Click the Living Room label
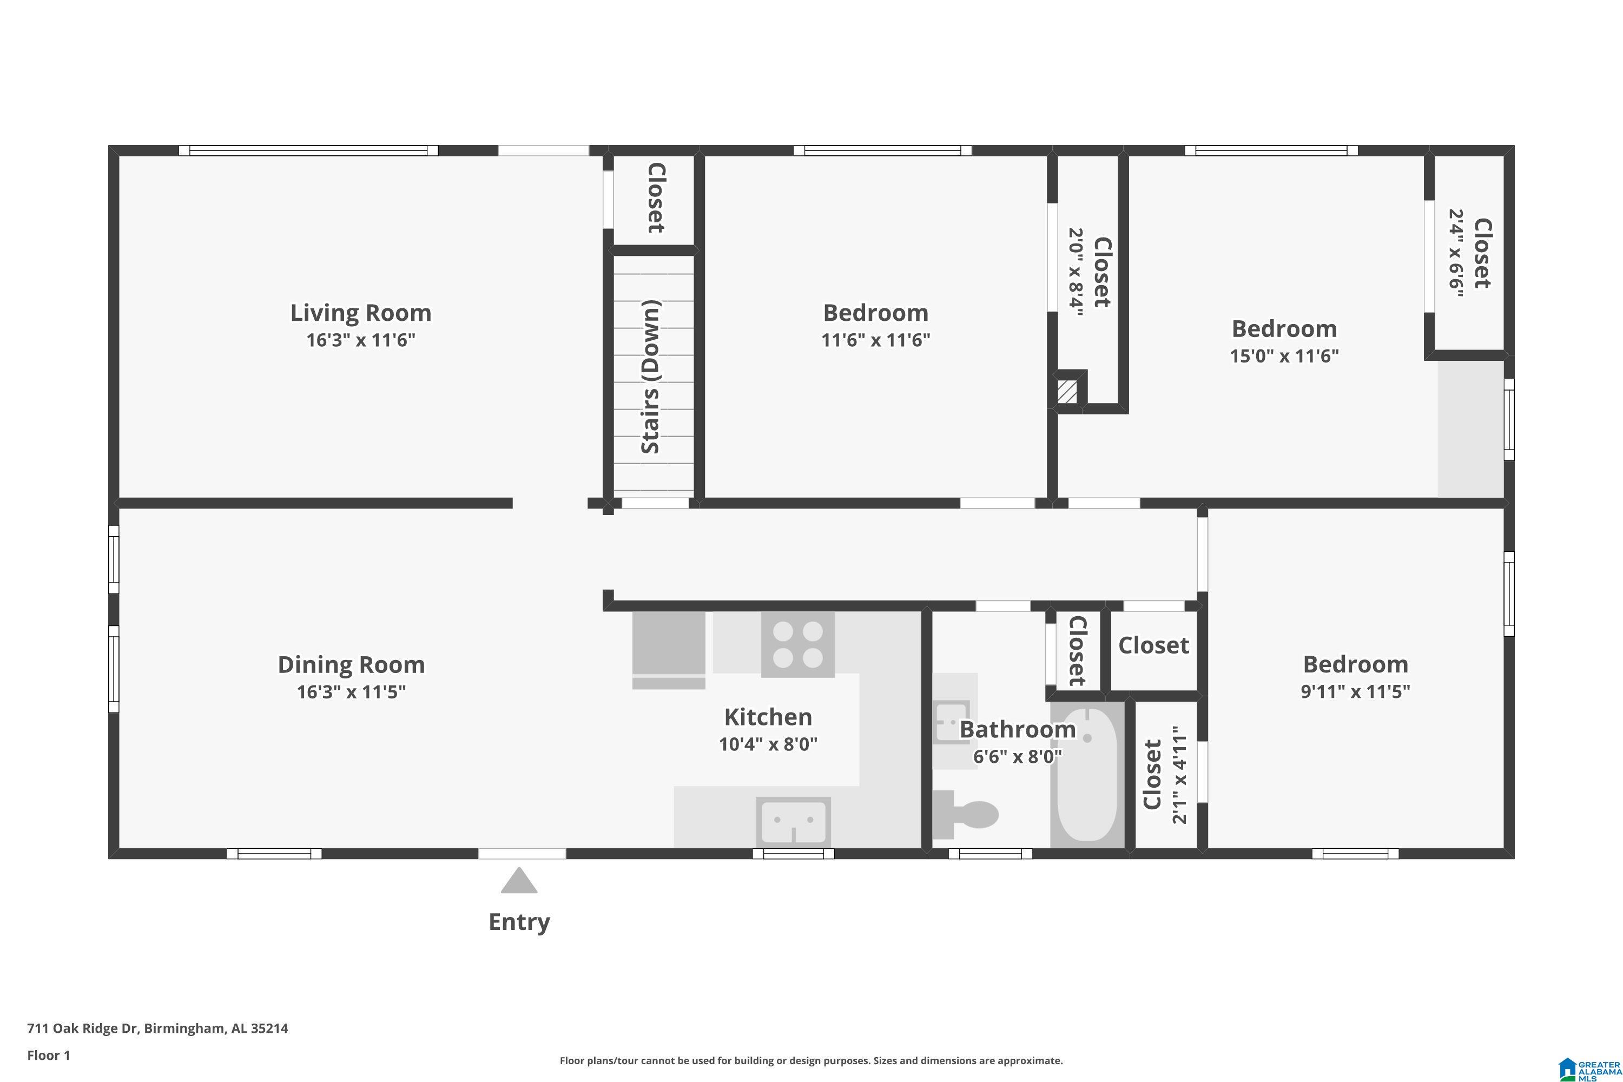360,313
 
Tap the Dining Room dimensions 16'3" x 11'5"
351,691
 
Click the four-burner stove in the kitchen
797,644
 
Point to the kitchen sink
794,821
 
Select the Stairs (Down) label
651,377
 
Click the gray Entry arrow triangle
519,881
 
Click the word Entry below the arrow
519,922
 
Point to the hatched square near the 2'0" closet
1067,392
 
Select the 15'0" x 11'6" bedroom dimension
1284,356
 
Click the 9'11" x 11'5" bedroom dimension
1355,691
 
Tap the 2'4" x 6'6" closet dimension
1456,253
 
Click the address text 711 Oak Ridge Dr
83,1028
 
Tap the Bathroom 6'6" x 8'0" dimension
1017,756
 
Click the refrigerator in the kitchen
669,650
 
